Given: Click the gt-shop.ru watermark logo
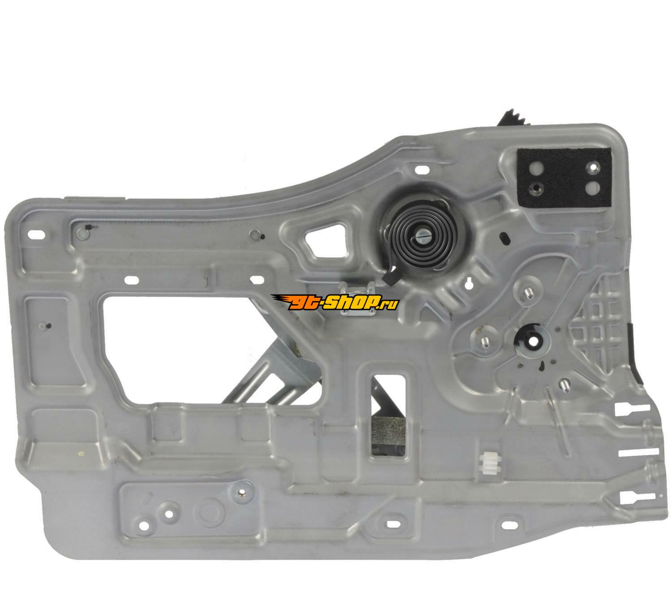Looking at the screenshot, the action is [335, 302].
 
